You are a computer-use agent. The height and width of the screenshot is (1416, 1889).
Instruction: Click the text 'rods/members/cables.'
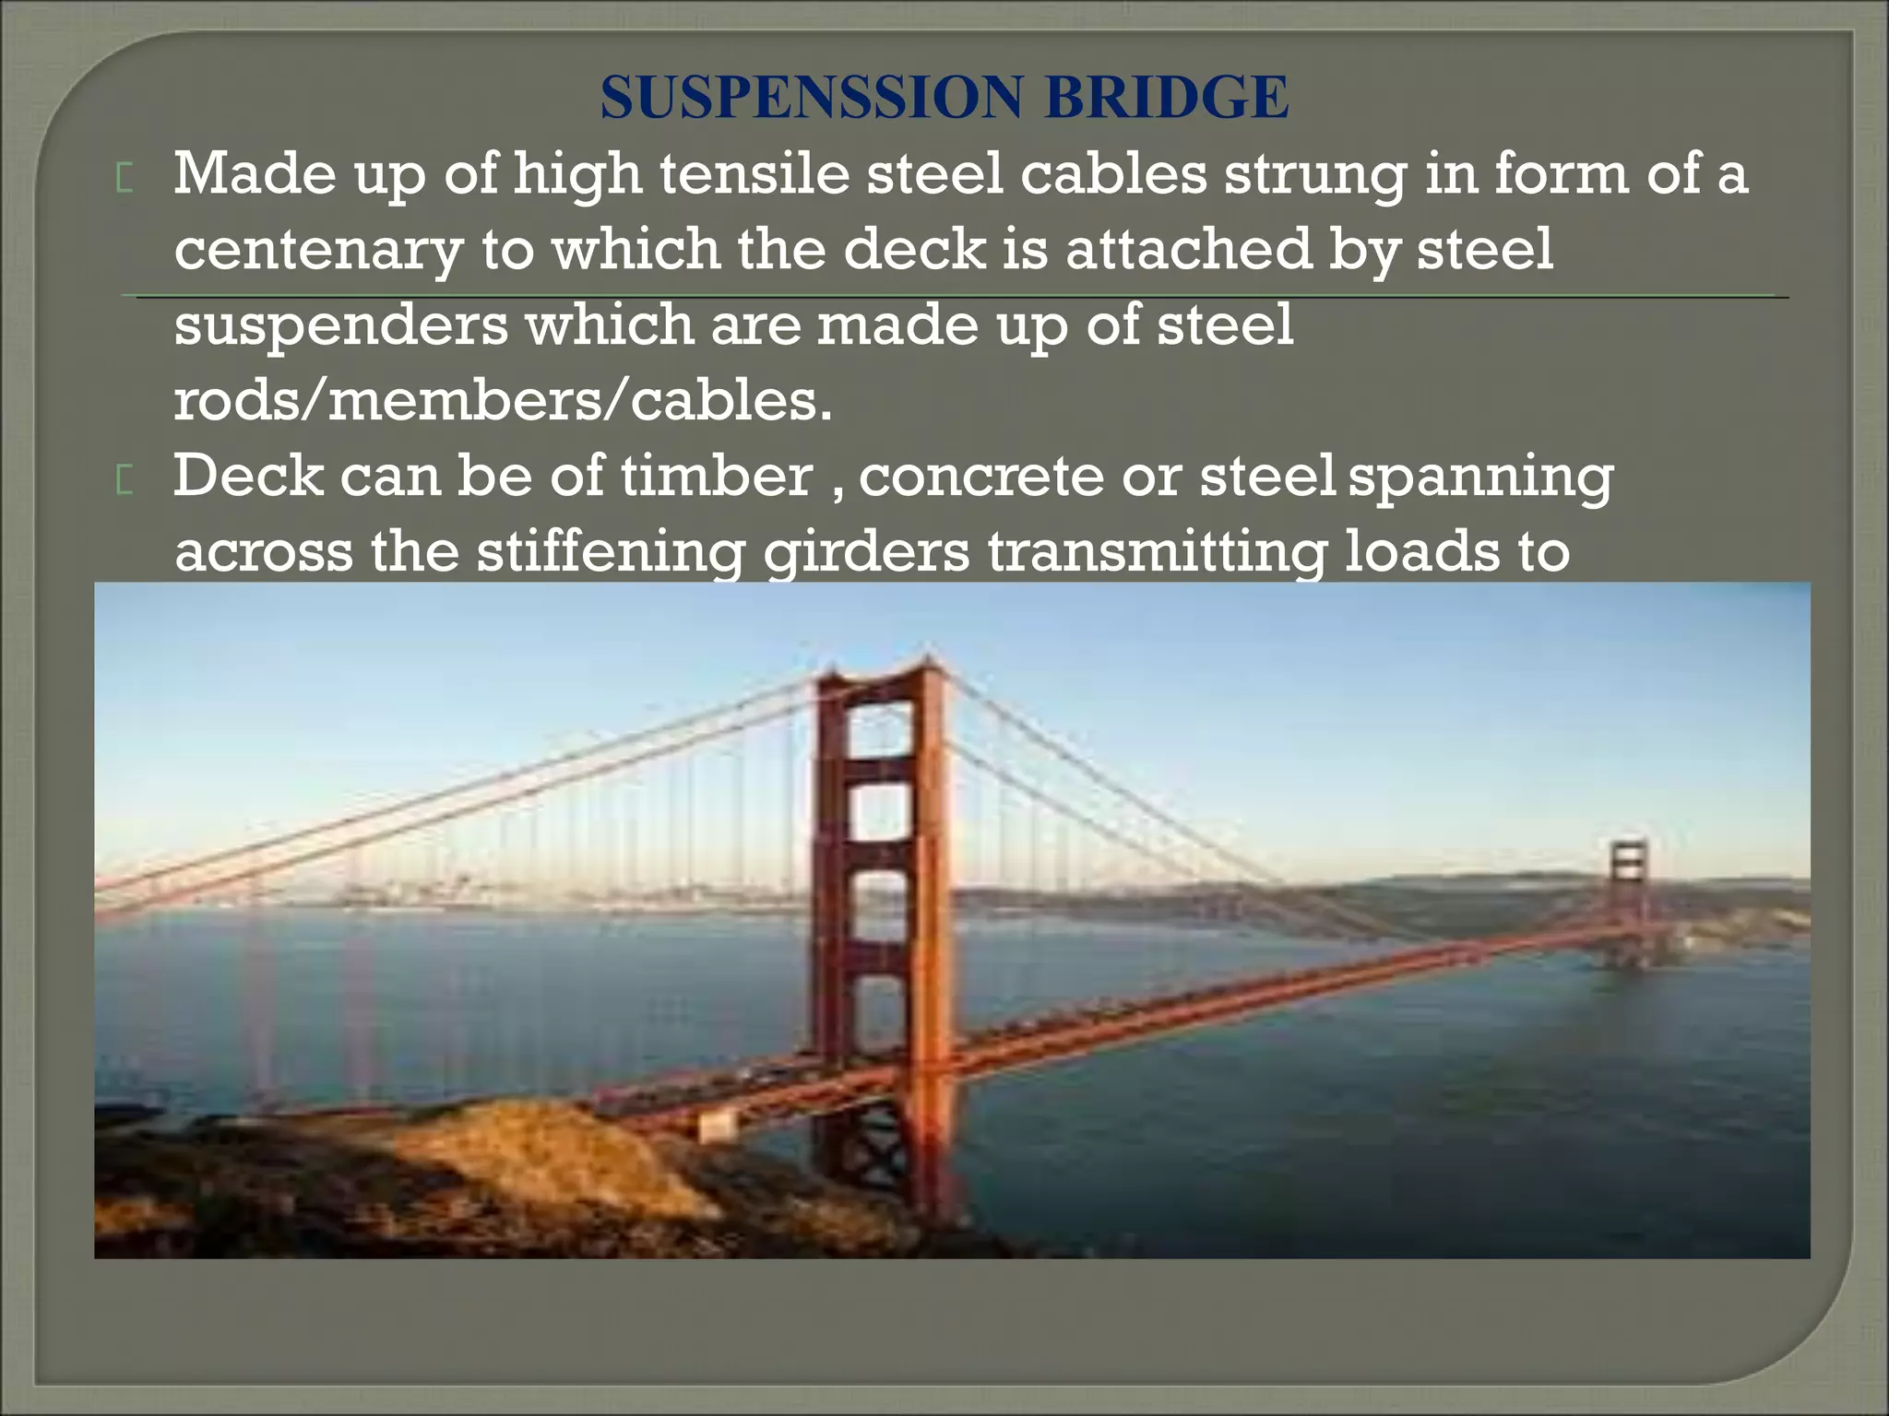tap(503, 402)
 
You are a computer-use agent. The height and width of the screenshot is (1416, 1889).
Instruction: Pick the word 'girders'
tap(867, 552)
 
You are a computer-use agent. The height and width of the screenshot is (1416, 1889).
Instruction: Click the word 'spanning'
tap(1480, 477)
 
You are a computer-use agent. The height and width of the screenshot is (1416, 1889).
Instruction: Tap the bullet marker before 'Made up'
tap(125, 179)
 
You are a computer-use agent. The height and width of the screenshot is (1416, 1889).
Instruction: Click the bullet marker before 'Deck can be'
tap(125, 481)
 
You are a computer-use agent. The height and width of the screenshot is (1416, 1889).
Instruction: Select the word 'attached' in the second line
tap(1189, 249)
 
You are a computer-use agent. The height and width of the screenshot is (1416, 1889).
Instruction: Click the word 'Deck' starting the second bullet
tap(248, 477)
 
